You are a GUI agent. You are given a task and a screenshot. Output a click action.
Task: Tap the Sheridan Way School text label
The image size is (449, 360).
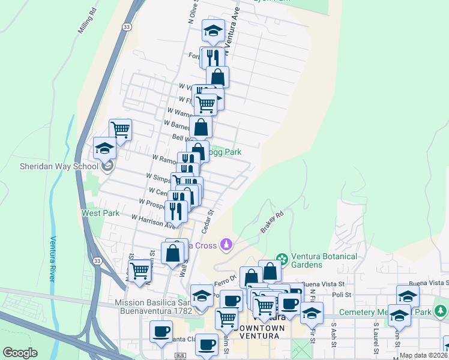59,166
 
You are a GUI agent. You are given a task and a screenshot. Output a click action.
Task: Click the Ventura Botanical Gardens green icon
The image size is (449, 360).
280,257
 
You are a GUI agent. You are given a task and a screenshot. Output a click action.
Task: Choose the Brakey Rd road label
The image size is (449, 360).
272,221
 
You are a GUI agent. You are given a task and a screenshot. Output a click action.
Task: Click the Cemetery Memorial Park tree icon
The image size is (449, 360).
441,311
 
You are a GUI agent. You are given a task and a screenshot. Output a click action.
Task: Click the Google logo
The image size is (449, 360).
20,353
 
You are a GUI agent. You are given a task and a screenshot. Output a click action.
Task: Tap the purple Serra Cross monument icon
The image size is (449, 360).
226,245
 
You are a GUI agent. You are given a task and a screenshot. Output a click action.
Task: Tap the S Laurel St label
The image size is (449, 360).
375,332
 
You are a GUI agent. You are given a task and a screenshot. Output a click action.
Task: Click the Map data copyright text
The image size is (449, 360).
423,355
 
